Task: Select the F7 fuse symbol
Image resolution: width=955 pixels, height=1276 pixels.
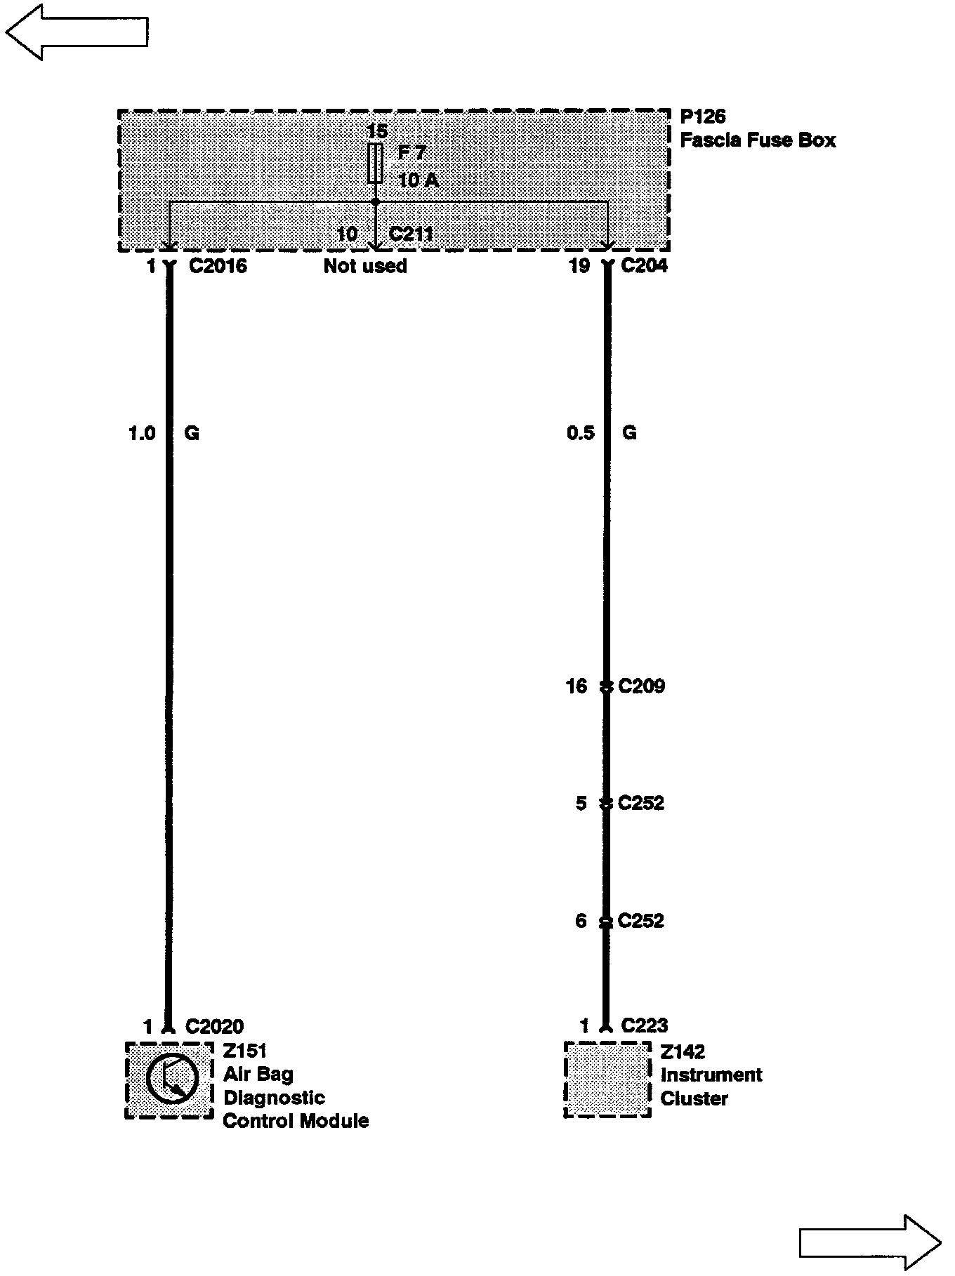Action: pos(376,163)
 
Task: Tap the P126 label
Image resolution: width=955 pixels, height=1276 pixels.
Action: pos(702,117)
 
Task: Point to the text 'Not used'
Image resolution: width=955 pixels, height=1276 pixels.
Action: pos(365,266)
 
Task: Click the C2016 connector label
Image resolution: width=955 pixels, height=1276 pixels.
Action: pos(218,266)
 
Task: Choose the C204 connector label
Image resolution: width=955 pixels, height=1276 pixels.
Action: pos(645,266)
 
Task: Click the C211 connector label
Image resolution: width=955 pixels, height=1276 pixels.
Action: pos(411,233)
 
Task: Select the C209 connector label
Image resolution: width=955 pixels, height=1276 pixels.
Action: pos(641,686)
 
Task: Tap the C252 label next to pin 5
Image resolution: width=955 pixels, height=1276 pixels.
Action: pos(640,803)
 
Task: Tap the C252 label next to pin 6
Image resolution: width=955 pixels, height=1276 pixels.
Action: pos(640,921)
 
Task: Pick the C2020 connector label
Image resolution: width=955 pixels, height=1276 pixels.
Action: pos(214,1027)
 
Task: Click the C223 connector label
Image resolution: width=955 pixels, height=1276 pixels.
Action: pos(644,1026)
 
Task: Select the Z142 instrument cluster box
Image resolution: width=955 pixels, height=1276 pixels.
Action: pos(607,1079)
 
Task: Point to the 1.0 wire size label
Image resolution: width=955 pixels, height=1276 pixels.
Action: pos(141,434)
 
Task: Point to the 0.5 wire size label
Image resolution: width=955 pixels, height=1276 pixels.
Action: pos(580,433)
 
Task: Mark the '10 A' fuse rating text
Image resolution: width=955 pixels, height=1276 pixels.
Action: pos(418,180)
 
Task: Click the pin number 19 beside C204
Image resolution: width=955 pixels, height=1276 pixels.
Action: pos(579,266)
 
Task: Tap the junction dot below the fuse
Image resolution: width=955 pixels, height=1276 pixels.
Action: pos(376,202)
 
